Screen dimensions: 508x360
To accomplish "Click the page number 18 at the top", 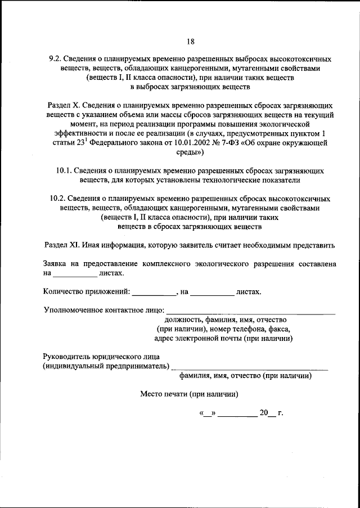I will [x=190, y=41].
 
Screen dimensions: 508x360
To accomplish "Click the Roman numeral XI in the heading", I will [x=74, y=245].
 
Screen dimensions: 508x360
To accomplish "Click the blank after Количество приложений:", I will [x=154, y=293].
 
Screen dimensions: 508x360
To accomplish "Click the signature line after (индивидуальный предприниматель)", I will [x=250, y=366].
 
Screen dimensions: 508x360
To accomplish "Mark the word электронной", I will [x=193, y=338].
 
